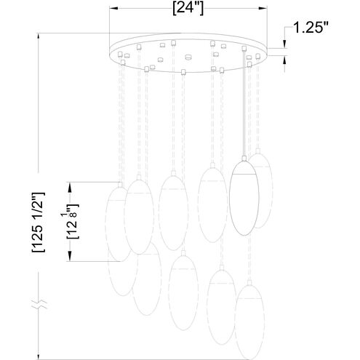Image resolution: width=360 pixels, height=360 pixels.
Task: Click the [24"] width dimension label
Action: click(x=188, y=9)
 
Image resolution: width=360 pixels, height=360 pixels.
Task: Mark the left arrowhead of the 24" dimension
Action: click(x=113, y=9)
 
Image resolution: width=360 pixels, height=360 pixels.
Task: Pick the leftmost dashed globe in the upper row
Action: click(x=118, y=222)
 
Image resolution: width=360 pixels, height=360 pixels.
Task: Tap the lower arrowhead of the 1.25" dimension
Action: click(x=284, y=55)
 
